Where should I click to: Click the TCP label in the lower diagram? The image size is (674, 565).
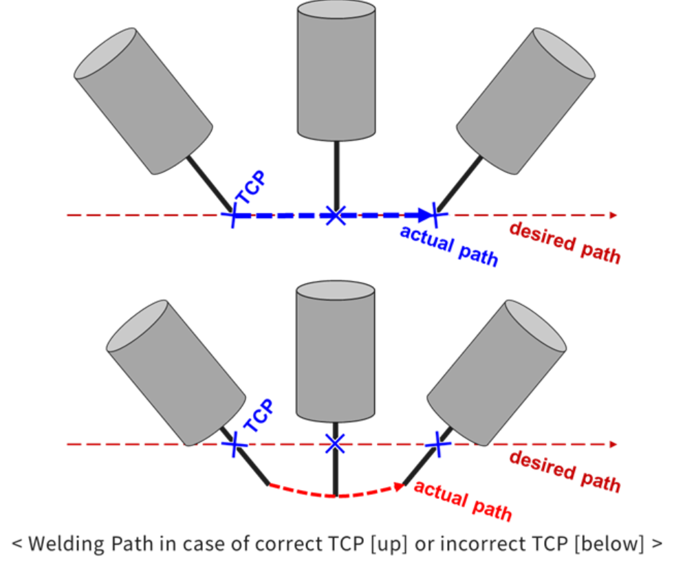tap(259, 416)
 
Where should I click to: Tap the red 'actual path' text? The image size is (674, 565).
tap(462, 501)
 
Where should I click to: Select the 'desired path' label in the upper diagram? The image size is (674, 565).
tap(565, 243)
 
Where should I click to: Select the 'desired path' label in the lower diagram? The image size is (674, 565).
tap(565, 472)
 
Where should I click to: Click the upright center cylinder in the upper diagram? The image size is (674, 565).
tap(336, 69)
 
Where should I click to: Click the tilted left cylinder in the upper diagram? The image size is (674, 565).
tap(143, 100)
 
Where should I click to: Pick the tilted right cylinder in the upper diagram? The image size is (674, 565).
tap(525, 100)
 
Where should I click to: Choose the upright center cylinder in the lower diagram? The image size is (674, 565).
tap(335, 351)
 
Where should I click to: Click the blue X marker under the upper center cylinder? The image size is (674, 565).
tap(334, 215)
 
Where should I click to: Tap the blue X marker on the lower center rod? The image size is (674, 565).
tap(334, 444)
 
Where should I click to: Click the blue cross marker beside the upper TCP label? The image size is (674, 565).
tap(233, 215)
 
